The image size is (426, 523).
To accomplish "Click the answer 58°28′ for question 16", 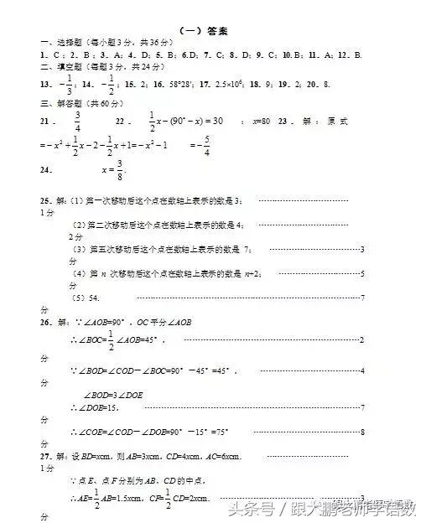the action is [183, 85].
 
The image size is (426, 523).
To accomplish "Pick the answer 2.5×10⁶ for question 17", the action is [230, 85].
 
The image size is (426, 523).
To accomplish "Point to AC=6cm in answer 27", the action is [224, 456].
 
